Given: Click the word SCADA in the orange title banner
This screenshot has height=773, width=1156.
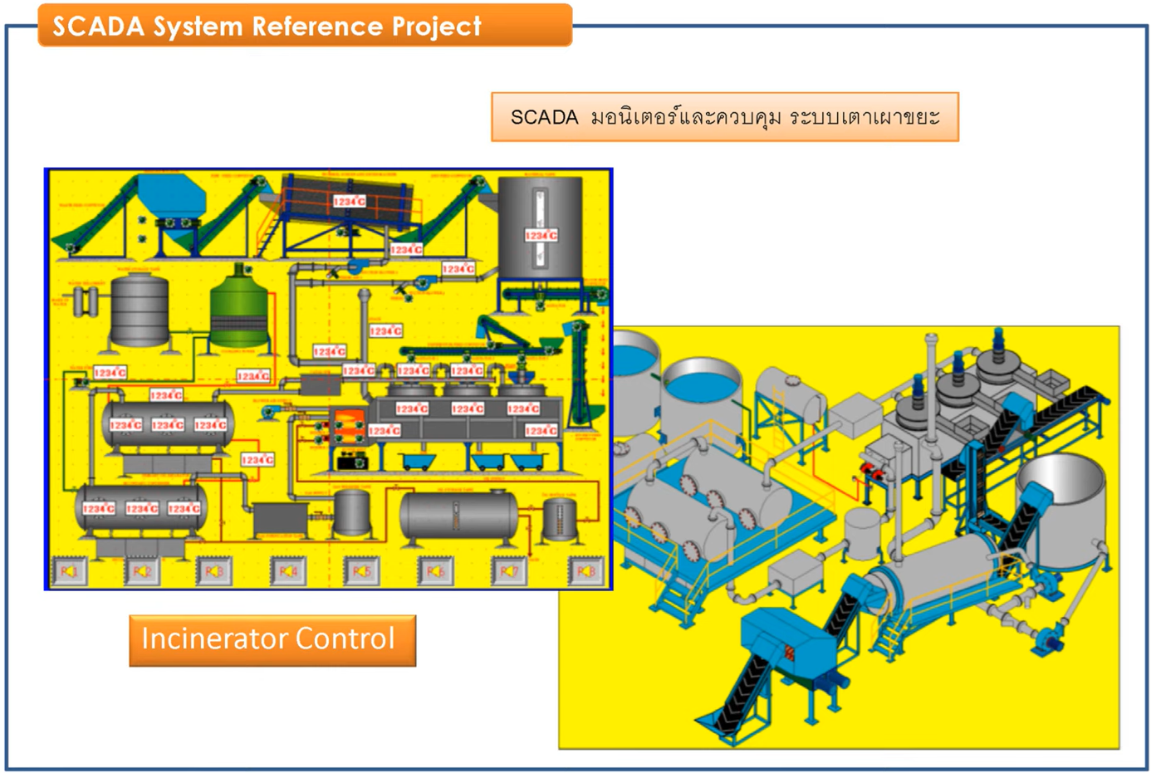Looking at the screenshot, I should click(x=98, y=27).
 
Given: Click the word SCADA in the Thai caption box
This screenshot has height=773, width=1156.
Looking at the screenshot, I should click(x=544, y=117).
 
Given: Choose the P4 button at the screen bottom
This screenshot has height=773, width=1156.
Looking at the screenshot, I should click(x=288, y=571).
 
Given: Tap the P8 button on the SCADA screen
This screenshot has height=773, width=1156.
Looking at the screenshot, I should click(x=585, y=571).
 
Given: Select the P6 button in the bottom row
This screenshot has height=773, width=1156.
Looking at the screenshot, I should click(x=435, y=571).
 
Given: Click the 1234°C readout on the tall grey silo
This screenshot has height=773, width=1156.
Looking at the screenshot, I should click(x=541, y=236).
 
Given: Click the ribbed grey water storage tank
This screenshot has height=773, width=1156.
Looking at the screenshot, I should click(x=140, y=311).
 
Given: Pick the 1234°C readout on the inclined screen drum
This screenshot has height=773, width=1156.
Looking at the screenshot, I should click(x=349, y=202).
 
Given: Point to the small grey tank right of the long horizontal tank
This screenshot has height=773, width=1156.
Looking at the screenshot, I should click(x=559, y=519).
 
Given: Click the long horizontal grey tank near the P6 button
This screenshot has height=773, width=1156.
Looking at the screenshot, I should click(x=458, y=516).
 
